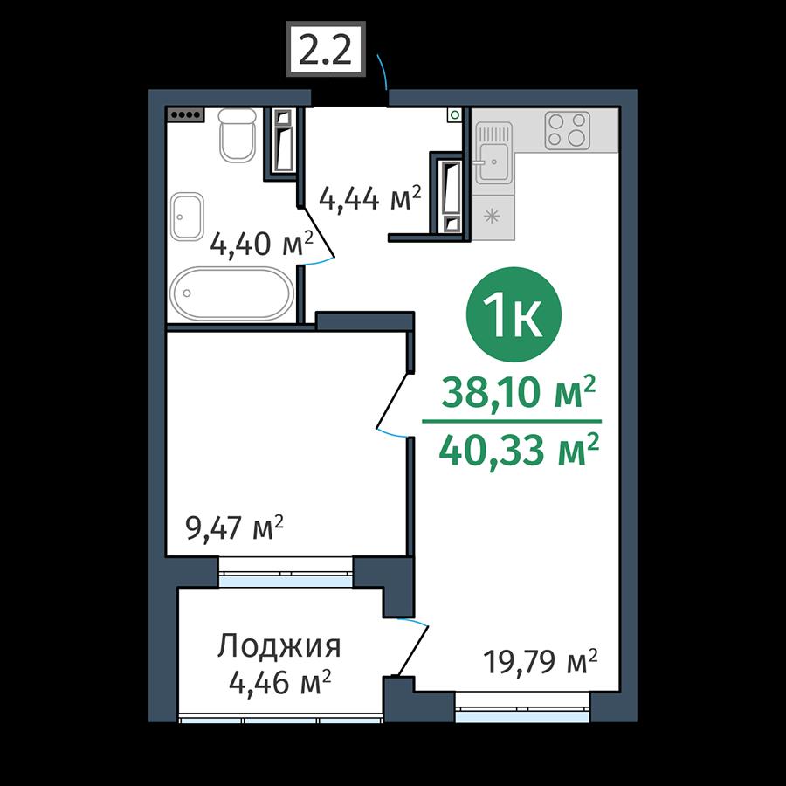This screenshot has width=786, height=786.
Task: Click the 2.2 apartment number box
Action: [326, 49]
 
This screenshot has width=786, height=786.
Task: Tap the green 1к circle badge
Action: [514, 314]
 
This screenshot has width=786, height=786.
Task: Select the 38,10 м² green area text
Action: [518, 392]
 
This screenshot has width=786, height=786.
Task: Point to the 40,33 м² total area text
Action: [518, 450]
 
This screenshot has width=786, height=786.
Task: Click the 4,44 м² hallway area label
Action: [370, 199]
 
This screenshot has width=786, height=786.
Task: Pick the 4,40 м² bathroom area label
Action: [262, 245]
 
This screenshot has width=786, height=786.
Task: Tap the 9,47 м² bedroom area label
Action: [235, 527]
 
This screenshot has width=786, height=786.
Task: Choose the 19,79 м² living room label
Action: [541, 662]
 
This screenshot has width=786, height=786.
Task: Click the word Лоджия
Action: [279, 645]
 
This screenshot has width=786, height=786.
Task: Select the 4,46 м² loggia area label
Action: [279, 682]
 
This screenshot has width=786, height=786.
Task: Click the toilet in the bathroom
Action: [237, 135]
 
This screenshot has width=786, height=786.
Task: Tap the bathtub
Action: [231, 293]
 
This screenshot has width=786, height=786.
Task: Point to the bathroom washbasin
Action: [187, 217]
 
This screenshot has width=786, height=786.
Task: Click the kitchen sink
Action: [493, 153]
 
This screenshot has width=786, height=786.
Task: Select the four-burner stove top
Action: [568, 129]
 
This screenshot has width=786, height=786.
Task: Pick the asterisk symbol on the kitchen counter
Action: [491, 217]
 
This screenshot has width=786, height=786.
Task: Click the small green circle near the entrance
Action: [455, 114]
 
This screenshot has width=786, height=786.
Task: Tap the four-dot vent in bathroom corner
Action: [185, 114]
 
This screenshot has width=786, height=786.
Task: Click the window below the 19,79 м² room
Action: [522, 707]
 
